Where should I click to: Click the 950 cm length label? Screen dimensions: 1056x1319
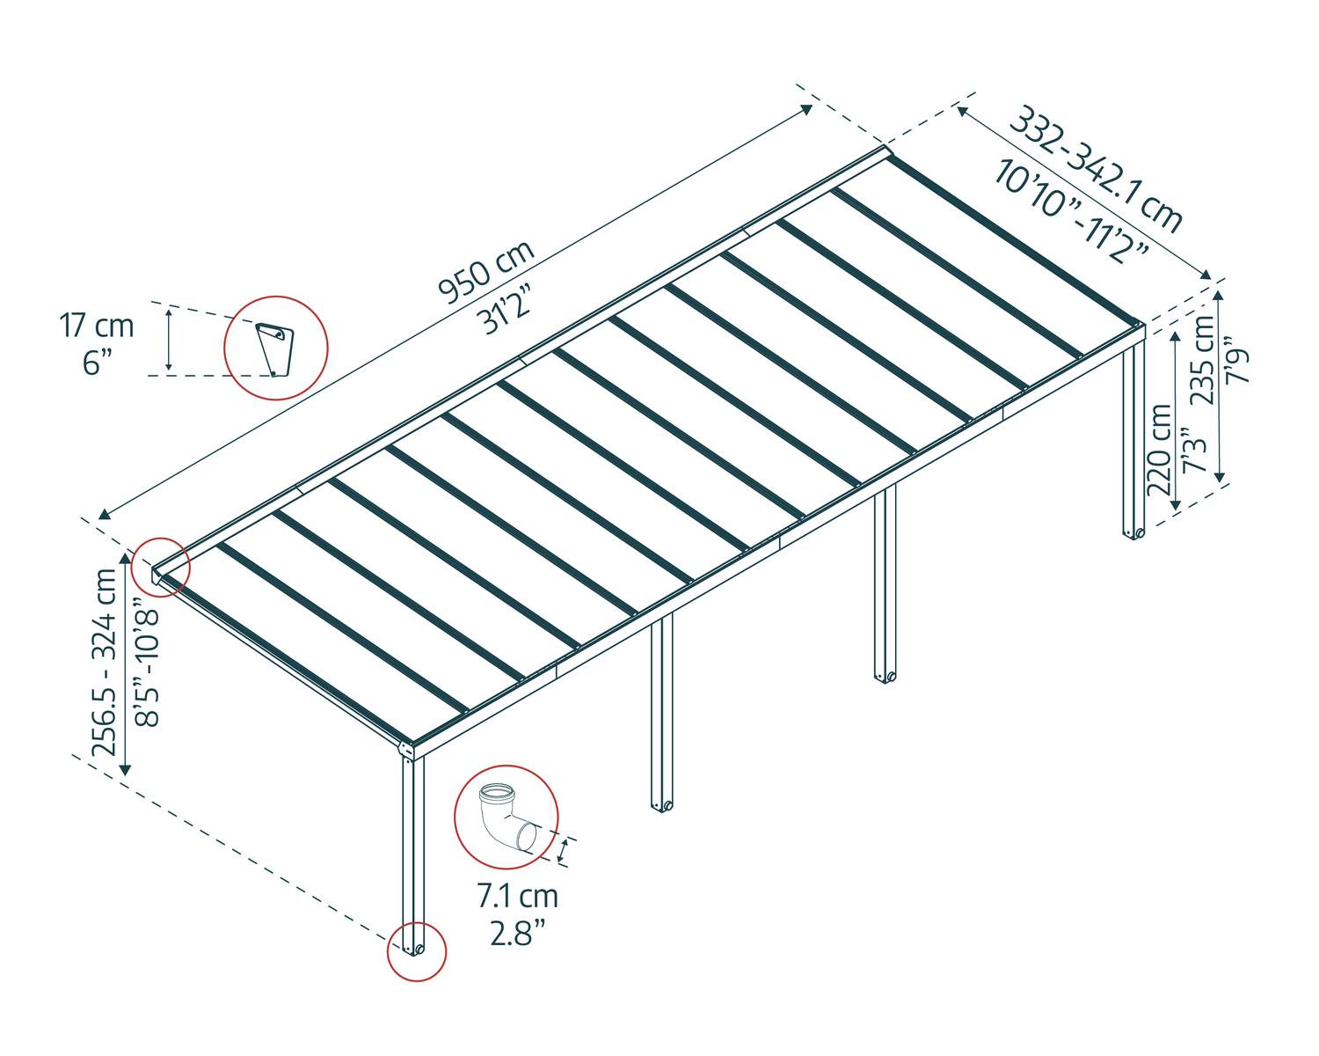point(486,272)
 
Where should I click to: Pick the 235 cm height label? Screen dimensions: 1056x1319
point(1203,359)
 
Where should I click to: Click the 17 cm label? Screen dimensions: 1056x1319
point(97,326)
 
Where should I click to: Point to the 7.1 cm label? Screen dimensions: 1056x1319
point(518,896)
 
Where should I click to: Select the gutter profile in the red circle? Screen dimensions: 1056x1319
point(275,348)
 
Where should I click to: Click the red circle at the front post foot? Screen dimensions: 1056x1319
point(417,950)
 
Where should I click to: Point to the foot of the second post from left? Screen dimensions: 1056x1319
point(661,804)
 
